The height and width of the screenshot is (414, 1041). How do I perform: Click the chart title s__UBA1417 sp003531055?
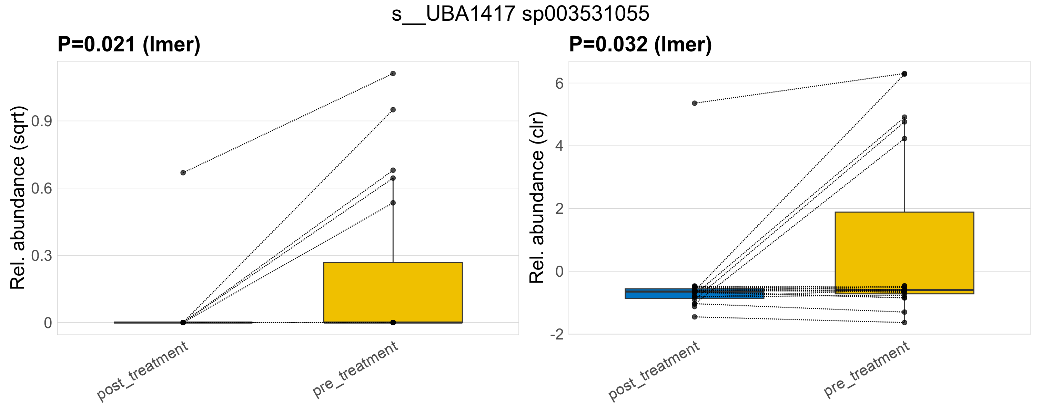pos(520,14)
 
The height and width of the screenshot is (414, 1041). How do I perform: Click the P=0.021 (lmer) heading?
pos(129,44)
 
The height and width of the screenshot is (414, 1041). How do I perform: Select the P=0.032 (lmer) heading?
pos(640,44)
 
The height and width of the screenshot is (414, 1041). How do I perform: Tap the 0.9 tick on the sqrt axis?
pos(42,121)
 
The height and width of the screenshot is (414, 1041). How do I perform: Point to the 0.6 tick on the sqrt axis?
pos(42,188)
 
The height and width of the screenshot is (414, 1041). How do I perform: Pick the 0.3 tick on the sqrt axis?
pos(42,256)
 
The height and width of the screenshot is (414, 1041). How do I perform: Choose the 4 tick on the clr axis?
pos(559,146)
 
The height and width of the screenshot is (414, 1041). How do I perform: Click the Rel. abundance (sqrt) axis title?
pos(18,198)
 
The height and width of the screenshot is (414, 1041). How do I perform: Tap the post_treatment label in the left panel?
pos(143,371)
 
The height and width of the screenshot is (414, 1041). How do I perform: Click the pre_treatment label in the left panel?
pos(356,369)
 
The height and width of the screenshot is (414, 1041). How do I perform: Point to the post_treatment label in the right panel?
pos(654,371)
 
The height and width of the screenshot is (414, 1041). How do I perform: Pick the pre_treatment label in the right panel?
pos(867,369)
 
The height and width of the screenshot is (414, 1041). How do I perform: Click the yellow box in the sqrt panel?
pos(393,292)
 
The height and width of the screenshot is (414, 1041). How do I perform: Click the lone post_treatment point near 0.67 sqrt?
pos(183,172)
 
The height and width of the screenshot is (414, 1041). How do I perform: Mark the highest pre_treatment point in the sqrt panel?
pos(393,73)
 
